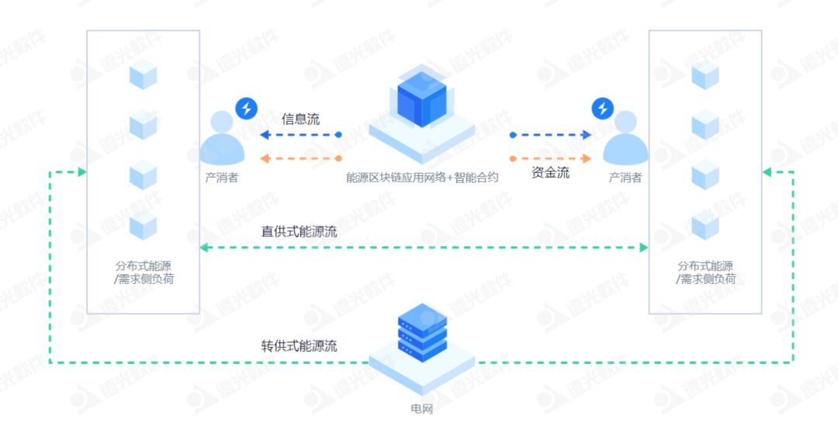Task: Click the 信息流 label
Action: click(300, 119)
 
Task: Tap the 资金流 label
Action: click(550, 173)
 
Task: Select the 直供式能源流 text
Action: click(300, 231)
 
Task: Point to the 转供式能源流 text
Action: click(300, 346)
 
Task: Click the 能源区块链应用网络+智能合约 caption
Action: click(422, 177)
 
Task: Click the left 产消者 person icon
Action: click(222, 138)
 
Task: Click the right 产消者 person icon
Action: click(625, 138)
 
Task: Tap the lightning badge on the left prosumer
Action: click(246, 109)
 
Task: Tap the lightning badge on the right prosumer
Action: click(602, 109)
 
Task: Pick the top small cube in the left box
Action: click(143, 75)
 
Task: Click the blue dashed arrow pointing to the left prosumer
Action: click(300, 135)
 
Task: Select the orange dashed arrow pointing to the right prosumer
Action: click(550, 158)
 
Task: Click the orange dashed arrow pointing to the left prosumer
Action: click(300, 158)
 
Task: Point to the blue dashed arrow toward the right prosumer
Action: click(550, 135)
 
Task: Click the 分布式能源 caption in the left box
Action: click(143, 266)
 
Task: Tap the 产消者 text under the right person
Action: click(625, 178)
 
